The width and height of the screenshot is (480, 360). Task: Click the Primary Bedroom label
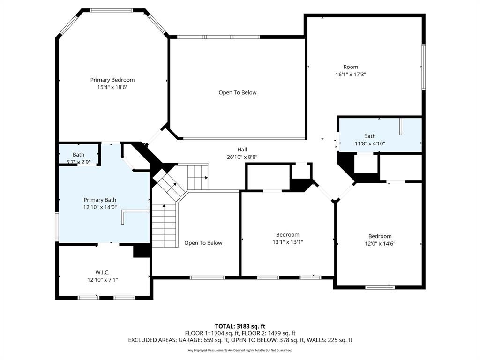coord(112,80)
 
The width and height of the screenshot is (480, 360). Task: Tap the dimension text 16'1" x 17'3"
coord(350,74)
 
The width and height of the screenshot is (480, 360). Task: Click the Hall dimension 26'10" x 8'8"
coord(242,157)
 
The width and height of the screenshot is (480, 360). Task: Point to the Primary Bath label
coord(100,200)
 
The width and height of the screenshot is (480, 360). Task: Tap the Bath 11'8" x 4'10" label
coord(370,136)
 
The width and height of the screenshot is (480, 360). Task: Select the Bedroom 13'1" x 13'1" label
coord(287,234)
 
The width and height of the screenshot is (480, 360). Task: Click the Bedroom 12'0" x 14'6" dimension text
coord(380,243)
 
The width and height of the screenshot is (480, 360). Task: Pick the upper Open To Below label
coord(238,92)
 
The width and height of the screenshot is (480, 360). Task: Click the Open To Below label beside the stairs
coord(203,243)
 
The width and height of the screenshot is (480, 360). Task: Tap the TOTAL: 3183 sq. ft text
coord(240,326)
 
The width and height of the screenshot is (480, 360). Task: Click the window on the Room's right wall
coord(423,67)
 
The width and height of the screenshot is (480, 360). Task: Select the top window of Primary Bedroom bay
coord(112,10)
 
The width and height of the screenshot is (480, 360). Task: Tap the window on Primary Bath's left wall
coord(57,227)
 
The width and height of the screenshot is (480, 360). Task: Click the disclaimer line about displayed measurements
coord(240,350)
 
